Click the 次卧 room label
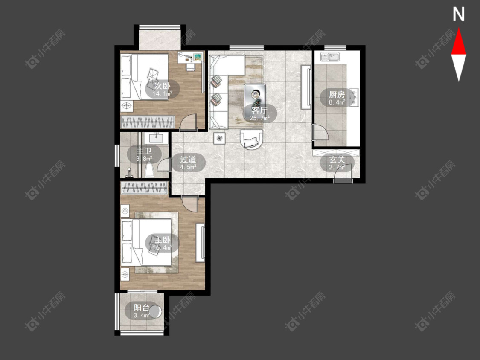(162, 86)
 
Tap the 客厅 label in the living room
(259, 110)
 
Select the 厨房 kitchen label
(337, 95)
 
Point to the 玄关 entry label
(337, 160)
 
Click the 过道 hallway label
(188, 160)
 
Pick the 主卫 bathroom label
(144, 151)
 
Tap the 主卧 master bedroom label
(162, 240)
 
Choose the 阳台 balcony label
(142, 308)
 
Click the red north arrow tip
(459, 29)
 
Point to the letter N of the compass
(458, 15)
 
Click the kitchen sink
(330, 57)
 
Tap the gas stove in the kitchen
(354, 97)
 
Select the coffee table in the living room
(255, 95)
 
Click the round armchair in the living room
(251, 139)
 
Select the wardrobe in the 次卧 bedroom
(148, 122)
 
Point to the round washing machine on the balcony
(155, 312)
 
